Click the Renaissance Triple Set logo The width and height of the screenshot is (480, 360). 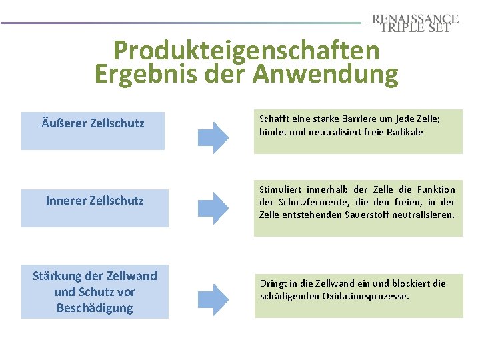(415, 23)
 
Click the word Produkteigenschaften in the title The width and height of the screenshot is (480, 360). (246, 50)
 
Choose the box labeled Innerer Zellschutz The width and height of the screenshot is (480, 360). (94, 208)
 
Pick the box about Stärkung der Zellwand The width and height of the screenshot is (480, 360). (95, 292)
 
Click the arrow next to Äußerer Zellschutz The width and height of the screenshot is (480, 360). (214, 137)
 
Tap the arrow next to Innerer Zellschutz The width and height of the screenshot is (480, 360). (214, 206)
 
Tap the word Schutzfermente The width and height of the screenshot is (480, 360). (303, 202)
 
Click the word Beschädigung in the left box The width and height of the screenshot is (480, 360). (95, 308)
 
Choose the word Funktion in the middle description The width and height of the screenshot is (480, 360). (437, 189)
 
